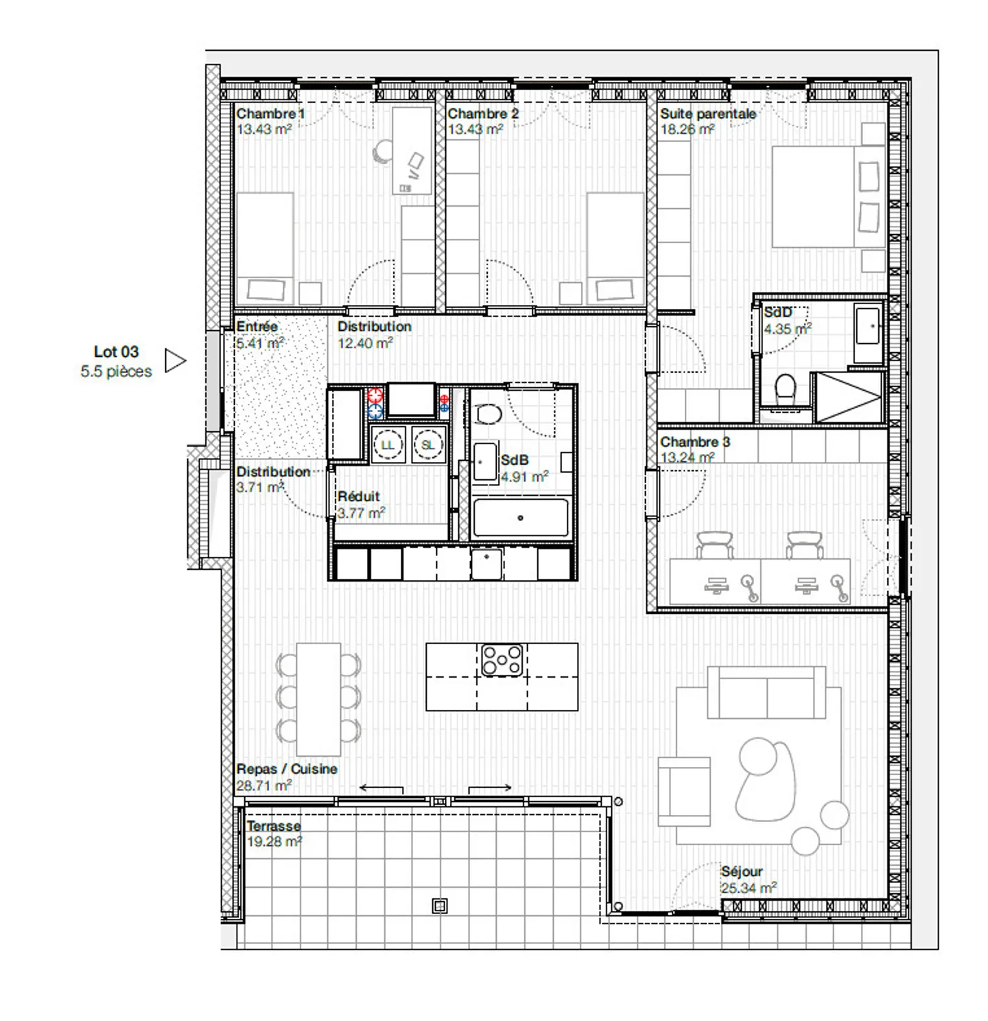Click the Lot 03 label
pyautogui.click(x=116, y=352)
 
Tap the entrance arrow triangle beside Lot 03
pyautogui.click(x=175, y=360)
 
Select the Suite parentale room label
pyautogui.click(x=708, y=114)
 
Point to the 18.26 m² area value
pyautogui.click(x=687, y=130)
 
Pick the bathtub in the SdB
pyautogui.click(x=521, y=518)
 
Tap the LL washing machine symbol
pyautogui.click(x=388, y=445)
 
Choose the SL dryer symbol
pyautogui.click(x=427, y=445)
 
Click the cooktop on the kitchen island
pyautogui.click(x=502, y=660)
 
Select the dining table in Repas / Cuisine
pyautogui.click(x=318, y=699)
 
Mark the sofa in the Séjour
pyautogui.click(x=766, y=693)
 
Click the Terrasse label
pyautogui.click(x=274, y=826)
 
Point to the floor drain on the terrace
pyautogui.click(x=440, y=906)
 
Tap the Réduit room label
pyautogui.click(x=358, y=496)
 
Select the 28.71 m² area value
pyautogui.click(x=264, y=785)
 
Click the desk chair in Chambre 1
pyautogui.click(x=383, y=152)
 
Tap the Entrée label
pyautogui.click(x=257, y=327)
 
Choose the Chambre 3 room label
pyautogui.click(x=694, y=442)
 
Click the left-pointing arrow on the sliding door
pyautogui.click(x=381, y=788)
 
